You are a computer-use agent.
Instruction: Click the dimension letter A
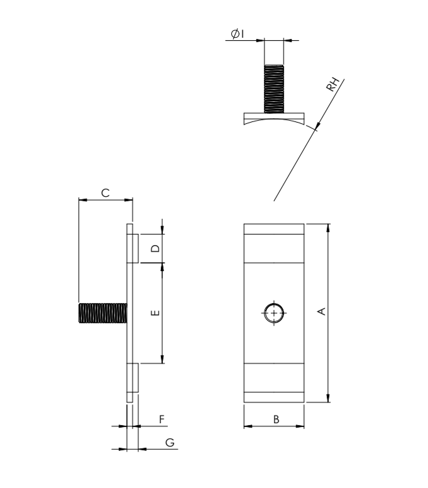click(322, 311)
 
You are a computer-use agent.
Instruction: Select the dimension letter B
click(276, 419)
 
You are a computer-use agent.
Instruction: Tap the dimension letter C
click(106, 193)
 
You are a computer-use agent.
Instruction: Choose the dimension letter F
click(162, 419)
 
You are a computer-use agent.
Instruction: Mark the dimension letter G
click(170, 442)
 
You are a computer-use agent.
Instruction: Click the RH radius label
click(333, 84)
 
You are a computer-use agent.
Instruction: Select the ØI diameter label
click(238, 33)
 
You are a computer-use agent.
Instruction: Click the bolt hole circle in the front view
click(274, 313)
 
